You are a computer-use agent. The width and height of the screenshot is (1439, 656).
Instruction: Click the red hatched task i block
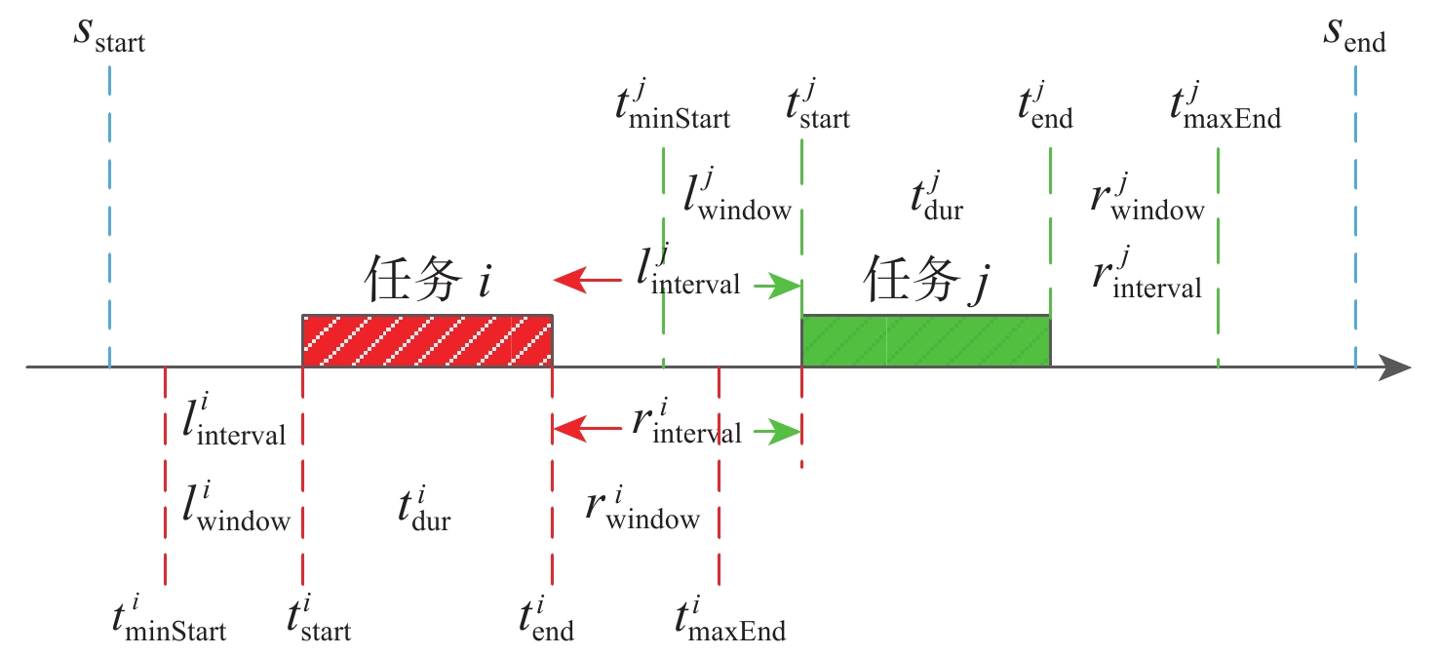coord(427,341)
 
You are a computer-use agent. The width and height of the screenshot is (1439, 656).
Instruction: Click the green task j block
coord(925,341)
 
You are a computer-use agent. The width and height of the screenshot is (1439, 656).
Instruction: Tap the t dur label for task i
coord(423,512)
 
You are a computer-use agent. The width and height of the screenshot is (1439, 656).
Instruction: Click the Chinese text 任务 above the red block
coord(411,281)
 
